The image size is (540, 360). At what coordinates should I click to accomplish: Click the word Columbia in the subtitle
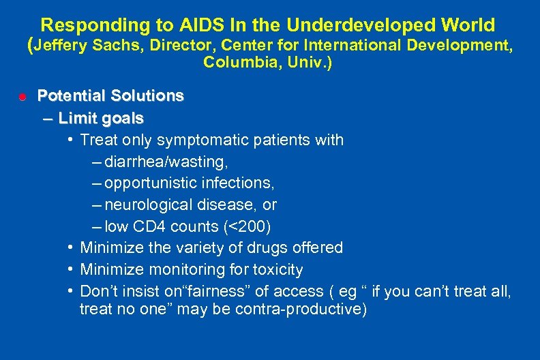pyautogui.click(x=231, y=63)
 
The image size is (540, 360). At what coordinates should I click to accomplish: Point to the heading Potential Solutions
pyautogui.click(x=110, y=95)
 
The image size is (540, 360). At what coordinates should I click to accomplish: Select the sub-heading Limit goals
pyautogui.click(x=101, y=119)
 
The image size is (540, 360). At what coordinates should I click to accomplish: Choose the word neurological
pyautogui.click(x=150, y=205)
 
